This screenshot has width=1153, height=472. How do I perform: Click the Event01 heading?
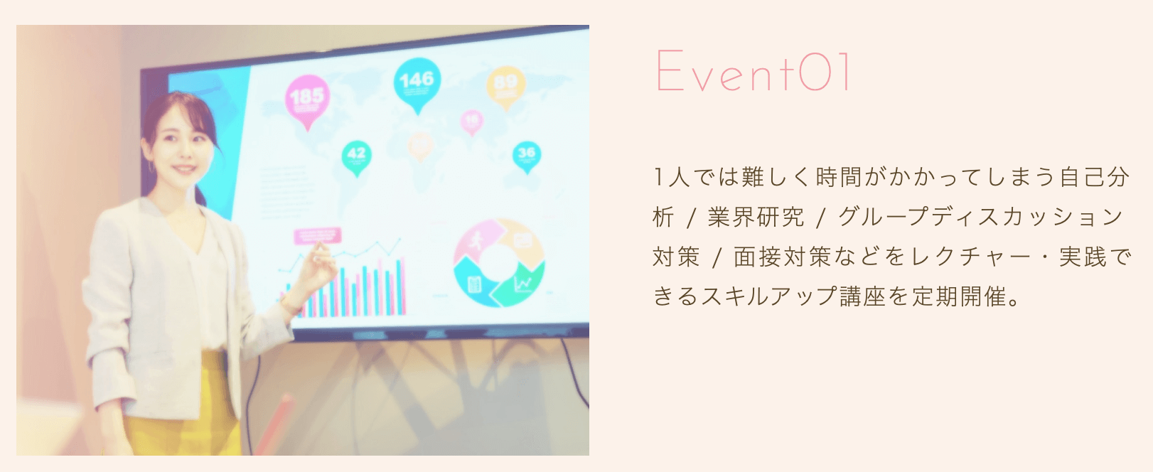[753, 71]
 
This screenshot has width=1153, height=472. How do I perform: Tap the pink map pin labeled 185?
[307, 97]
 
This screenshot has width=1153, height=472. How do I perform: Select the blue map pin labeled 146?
[416, 81]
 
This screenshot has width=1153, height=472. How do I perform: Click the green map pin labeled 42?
[356, 156]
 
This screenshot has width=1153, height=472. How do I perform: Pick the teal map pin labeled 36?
[526, 154]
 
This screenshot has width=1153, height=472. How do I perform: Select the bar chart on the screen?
[355, 288]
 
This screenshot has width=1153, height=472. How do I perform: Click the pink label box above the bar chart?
[318, 236]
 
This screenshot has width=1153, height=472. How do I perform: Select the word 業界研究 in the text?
[756, 217]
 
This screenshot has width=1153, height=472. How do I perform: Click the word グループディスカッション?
[980, 217]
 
